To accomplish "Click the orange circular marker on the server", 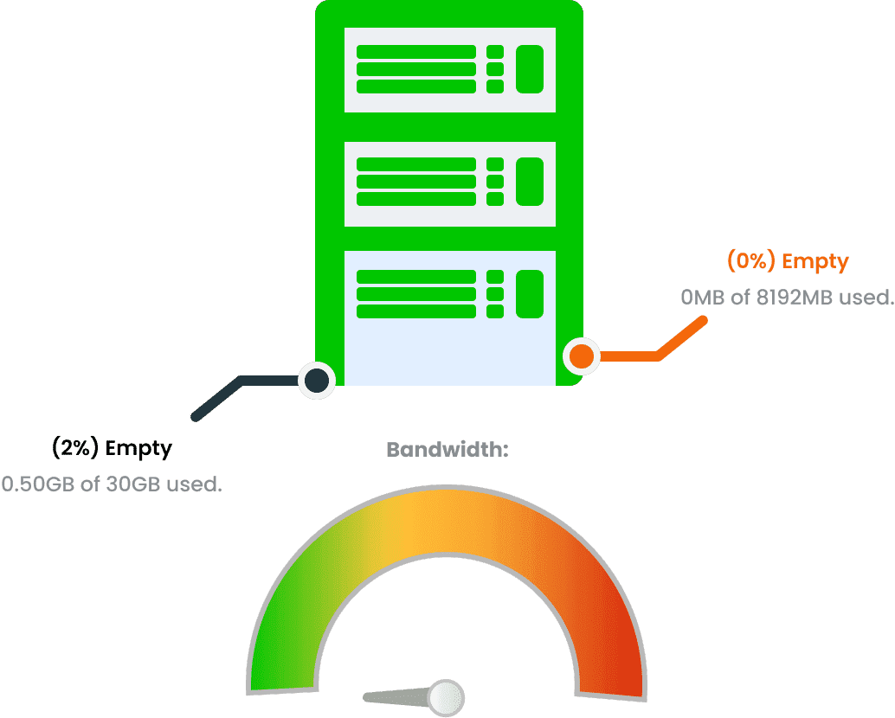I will coord(582,356).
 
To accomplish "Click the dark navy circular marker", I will coord(317,380).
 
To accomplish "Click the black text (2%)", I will coord(75,448).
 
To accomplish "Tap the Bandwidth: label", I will coord(447,450).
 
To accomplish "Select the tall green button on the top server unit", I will coord(530,69).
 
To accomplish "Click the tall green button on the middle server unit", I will coord(530,182).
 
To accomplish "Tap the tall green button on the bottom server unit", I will coord(530,294).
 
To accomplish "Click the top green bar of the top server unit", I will coord(416,52).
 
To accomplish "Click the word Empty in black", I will coord(138,448).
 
